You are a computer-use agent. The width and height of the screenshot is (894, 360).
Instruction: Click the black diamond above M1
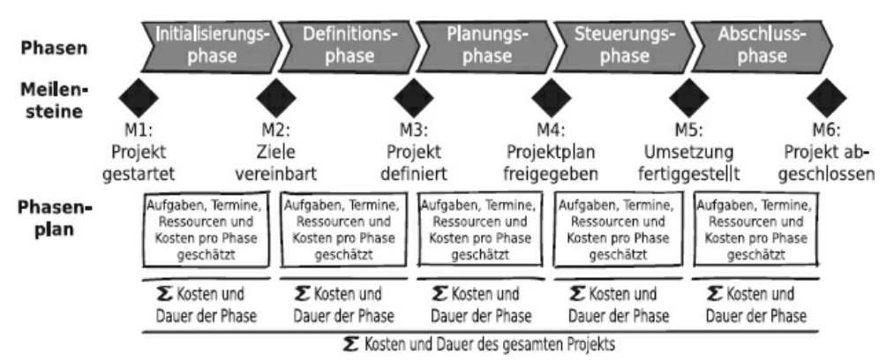coord(139,98)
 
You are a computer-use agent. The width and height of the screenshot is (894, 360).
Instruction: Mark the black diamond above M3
coord(414,98)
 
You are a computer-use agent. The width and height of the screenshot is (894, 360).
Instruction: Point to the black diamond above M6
coord(827,98)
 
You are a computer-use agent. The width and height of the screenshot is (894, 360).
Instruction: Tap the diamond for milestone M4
coord(552,98)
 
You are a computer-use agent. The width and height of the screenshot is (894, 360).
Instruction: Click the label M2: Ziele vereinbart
coord(276,152)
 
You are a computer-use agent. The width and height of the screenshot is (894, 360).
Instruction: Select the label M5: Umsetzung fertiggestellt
coord(688,152)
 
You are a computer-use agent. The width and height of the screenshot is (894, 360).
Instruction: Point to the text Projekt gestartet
coord(139,162)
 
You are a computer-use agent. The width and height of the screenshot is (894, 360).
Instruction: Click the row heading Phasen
coord(54,48)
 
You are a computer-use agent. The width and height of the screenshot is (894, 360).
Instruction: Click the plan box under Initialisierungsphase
coord(206,229)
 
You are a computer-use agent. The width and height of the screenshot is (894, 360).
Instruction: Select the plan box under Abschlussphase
coord(755,229)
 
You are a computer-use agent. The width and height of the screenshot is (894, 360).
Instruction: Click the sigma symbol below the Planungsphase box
coord(439,294)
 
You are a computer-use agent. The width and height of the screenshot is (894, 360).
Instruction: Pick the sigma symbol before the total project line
coord(352,344)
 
